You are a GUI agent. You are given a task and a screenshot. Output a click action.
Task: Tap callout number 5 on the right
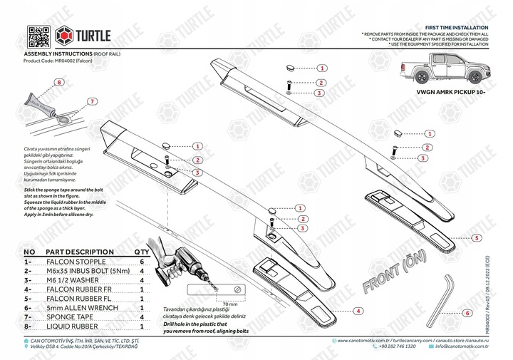pyautogui.click(x=475, y=236)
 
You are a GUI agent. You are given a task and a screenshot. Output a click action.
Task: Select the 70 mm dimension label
pyautogui.click(x=227, y=304)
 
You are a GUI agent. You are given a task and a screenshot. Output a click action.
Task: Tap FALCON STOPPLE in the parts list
pyautogui.click(x=74, y=262)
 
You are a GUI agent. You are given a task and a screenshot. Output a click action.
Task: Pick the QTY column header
pyautogui.click(x=142, y=252)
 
